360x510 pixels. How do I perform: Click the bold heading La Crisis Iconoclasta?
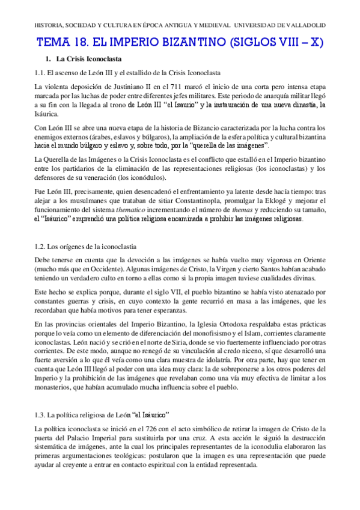click(x=89, y=59)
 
